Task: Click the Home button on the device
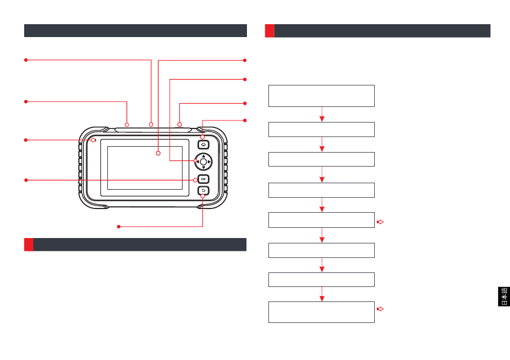coord(203,144)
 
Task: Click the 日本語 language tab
coord(504,297)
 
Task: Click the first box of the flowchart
coord(321,96)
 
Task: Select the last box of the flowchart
coord(321,312)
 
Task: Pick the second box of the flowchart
coord(321,129)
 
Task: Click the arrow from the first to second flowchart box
coord(322,114)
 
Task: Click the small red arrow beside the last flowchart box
coord(381,309)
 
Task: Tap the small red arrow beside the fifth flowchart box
coord(381,221)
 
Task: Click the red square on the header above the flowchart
coord(269,31)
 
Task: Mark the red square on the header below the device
coord(28,244)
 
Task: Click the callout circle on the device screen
coord(158,154)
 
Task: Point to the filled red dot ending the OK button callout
coord(26,179)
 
